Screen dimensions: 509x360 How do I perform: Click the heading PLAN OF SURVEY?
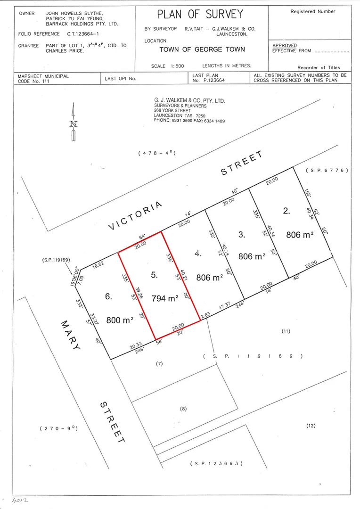[x=200, y=14]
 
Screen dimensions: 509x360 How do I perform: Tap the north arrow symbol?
[x=74, y=122]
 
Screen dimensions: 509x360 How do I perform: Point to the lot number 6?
[x=108, y=296]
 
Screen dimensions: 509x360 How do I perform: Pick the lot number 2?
[x=286, y=211]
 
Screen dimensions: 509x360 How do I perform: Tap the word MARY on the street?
[x=70, y=335]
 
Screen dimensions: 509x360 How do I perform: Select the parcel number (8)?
[x=183, y=409]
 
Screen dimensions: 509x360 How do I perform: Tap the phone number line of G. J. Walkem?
[x=189, y=121]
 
